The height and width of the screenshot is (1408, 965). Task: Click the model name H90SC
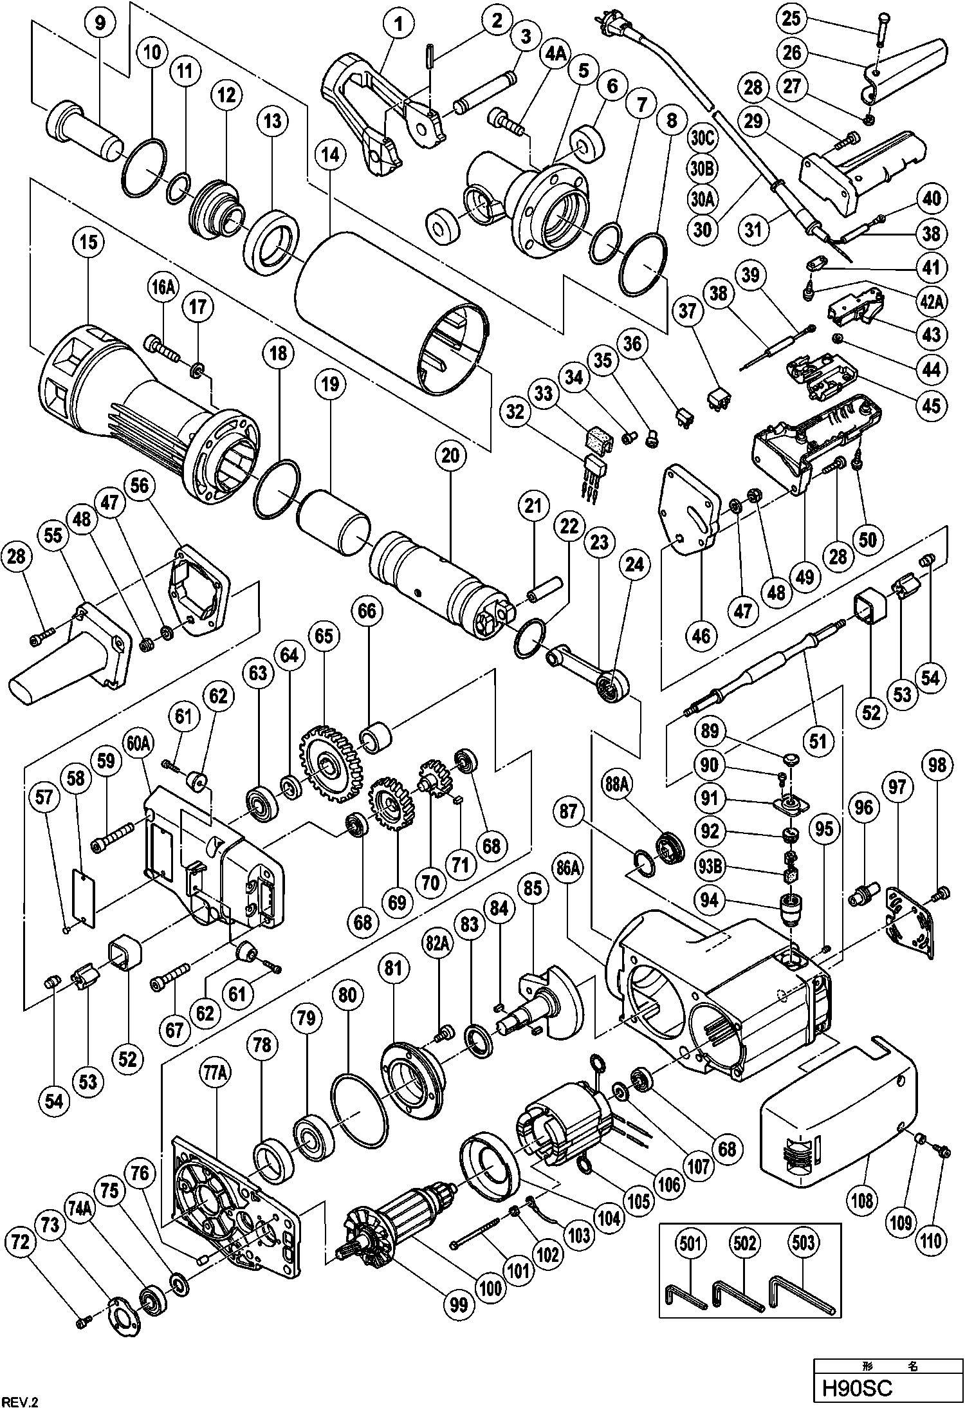click(853, 1387)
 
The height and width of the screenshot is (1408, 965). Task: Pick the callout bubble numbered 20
click(450, 456)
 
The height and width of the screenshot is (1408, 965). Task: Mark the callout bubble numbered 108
click(862, 1200)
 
